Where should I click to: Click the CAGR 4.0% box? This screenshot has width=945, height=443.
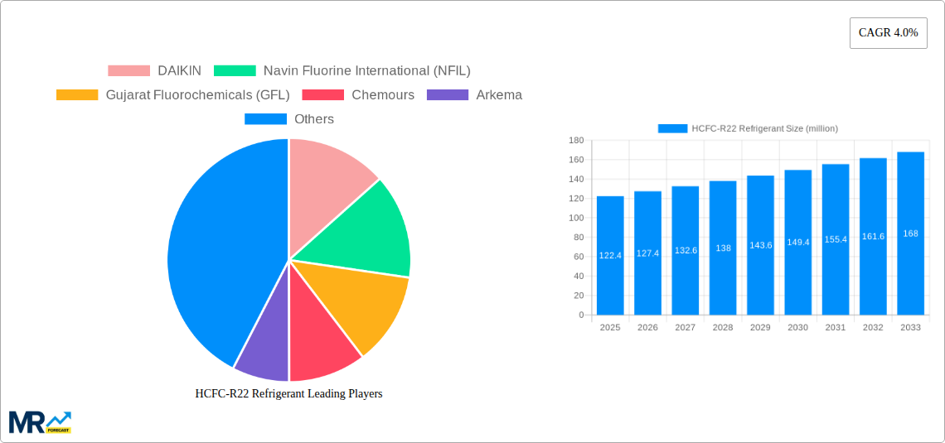(888, 33)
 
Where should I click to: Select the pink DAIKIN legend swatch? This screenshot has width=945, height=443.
(128, 71)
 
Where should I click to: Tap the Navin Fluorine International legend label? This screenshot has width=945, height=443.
(366, 71)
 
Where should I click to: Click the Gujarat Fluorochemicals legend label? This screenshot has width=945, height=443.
(197, 95)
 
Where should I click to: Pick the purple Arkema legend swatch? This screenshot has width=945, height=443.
(447, 95)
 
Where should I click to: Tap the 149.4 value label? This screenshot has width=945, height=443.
(798, 242)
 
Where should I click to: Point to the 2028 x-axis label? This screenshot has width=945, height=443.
(723, 328)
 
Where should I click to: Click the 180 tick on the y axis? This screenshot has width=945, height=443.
(576, 141)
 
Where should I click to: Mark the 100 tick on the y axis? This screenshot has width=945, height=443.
(576, 218)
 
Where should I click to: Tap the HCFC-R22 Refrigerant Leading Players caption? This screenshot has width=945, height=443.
(288, 394)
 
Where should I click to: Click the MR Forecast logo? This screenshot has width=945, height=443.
(40, 421)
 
